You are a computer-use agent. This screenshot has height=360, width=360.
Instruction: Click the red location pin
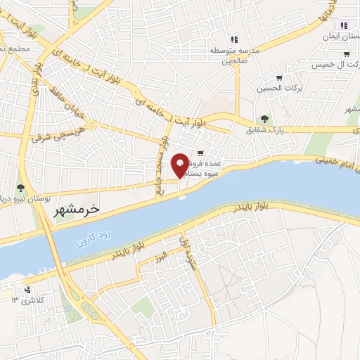tap(180, 165)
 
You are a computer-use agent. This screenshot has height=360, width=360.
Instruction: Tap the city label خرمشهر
tap(77, 210)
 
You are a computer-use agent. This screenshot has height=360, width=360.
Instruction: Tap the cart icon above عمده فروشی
tap(200, 153)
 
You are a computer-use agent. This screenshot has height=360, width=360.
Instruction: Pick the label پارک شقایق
tap(265, 130)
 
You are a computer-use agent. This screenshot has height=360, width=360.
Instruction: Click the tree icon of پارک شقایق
tap(264, 119)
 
